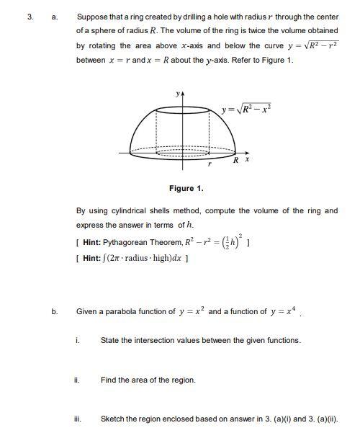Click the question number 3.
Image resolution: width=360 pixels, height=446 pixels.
point(30,17)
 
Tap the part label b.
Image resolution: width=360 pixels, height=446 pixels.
point(54,312)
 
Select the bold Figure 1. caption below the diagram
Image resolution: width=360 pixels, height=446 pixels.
point(186,188)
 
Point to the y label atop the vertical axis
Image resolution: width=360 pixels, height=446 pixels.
point(175,94)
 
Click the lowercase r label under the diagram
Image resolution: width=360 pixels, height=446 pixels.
point(209,165)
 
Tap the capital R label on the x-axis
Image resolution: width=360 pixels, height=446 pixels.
point(235,160)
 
